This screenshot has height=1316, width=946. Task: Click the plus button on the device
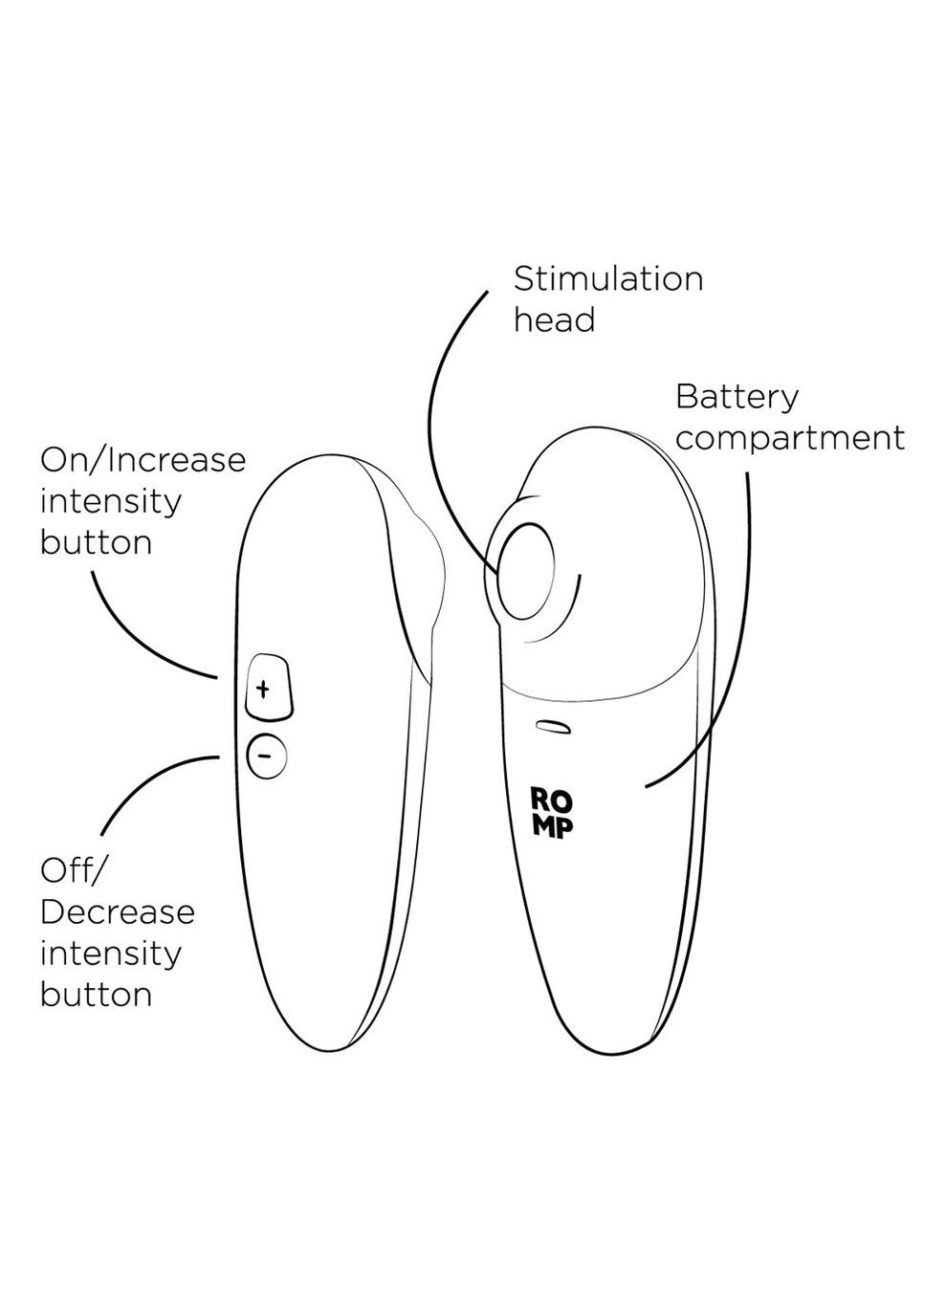coord(267,687)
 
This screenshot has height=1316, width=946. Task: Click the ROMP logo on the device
coord(553,812)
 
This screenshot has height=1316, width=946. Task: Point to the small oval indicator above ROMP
coord(554,728)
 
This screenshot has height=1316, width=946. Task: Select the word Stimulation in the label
coord(608,279)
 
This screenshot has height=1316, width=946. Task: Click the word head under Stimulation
coord(554,319)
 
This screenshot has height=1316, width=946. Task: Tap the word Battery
coord(737,397)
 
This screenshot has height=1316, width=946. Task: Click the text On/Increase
coord(143,460)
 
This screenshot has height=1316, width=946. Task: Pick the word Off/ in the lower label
coord(76,870)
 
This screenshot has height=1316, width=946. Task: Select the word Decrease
coord(118,911)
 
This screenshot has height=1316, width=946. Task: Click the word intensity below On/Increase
coord(110,500)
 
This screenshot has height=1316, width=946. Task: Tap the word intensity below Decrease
coord(110,953)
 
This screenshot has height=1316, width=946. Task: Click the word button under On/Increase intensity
coord(96,542)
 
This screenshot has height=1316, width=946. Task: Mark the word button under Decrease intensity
coord(96,994)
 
